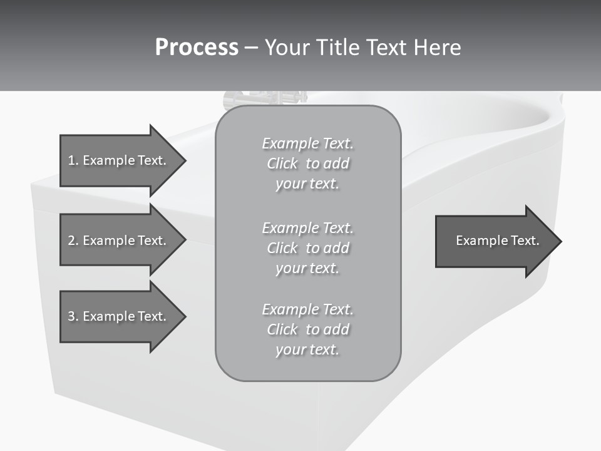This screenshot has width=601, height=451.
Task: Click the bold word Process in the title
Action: tap(197, 48)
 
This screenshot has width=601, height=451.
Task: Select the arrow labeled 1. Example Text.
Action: tap(119, 160)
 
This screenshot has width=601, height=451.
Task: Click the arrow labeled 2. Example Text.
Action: tap(119, 241)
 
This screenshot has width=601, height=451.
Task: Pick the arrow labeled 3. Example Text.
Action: tap(119, 316)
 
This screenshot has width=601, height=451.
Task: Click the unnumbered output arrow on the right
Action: tap(495, 241)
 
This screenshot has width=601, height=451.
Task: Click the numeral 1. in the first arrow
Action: tap(73, 160)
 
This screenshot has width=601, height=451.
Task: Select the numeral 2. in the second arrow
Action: tap(73, 241)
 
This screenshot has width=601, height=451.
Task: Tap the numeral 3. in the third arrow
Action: tap(73, 316)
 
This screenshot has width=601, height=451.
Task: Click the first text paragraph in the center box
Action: tap(307, 163)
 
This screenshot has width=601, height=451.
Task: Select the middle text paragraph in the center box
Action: tap(307, 248)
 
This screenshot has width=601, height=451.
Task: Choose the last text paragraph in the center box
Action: tap(307, 329)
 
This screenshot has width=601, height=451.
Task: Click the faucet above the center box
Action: tap(265, 98)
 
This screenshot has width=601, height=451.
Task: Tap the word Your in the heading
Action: tap(285, 48)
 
